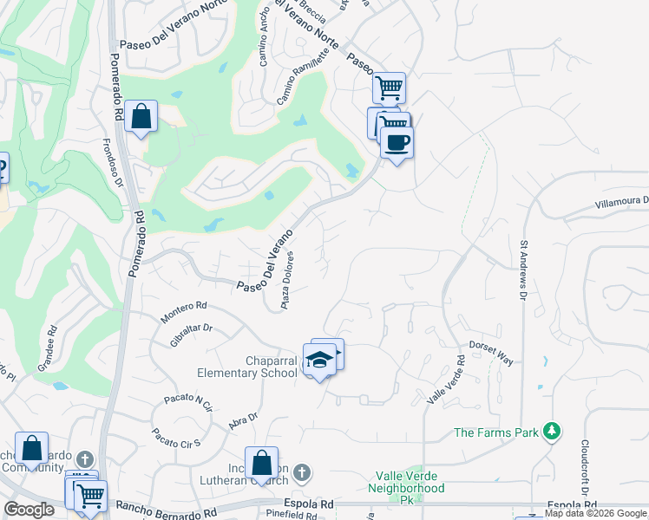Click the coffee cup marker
click(397, 144)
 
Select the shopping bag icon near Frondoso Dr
click(141, 117)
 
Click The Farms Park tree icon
click(550, 431)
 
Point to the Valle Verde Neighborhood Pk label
click(410, 482)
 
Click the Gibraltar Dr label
click(192, 335)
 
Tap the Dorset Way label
click(491, 351)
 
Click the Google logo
click(29, 510)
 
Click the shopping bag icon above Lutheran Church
click(261, 464)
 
